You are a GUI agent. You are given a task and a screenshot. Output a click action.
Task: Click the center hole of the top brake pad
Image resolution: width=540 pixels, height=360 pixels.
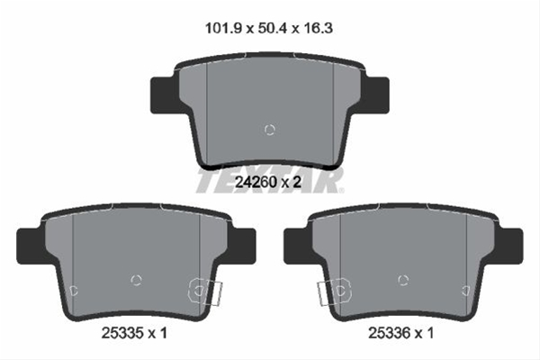click(269, 130)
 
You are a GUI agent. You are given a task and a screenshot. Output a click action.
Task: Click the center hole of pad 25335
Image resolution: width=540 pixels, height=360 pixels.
click(137, 280)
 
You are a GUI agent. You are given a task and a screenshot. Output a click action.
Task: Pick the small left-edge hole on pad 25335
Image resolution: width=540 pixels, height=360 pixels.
click(75, 290)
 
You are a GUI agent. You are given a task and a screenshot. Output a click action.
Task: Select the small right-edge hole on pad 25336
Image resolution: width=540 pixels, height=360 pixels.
click(465, 290)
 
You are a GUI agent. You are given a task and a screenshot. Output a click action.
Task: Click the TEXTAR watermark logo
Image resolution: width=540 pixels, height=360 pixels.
click(270, 180)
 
